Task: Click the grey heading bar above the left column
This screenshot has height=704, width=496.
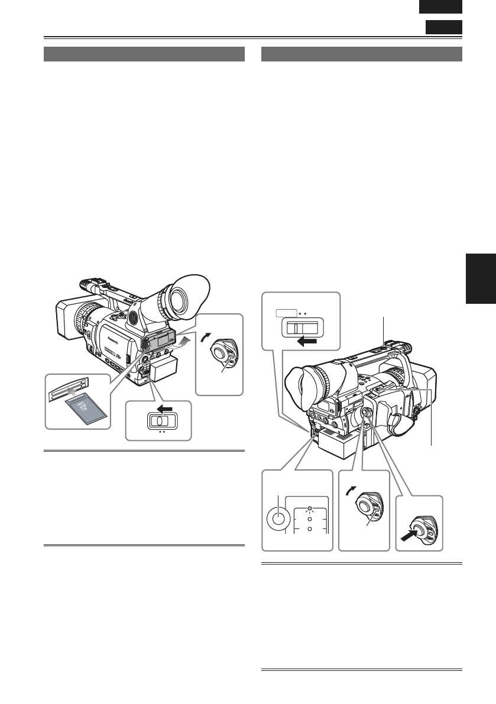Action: tap(144, 54)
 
